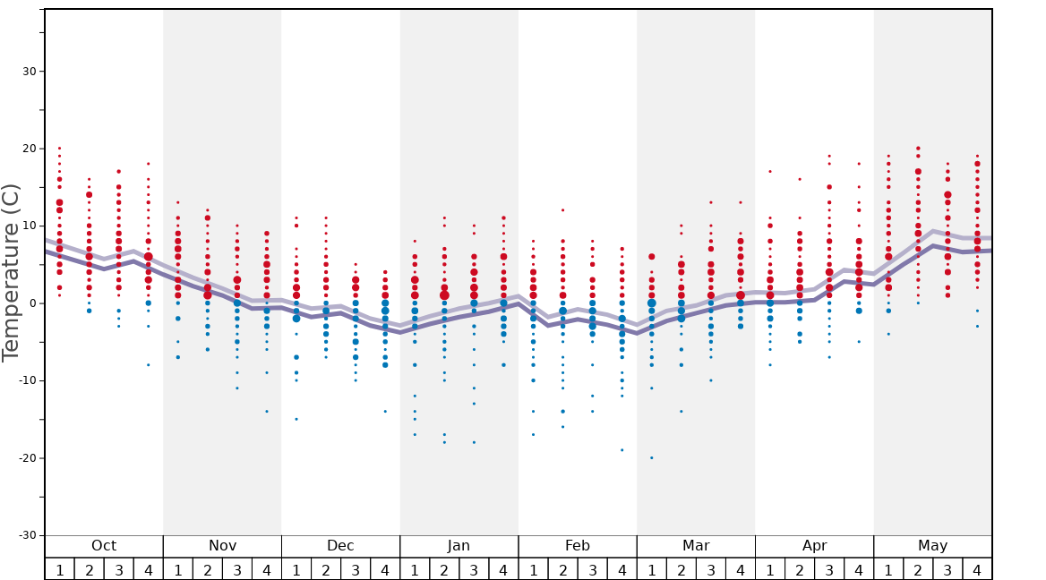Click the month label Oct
coord(104,546)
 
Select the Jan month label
coord(459,546)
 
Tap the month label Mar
coord(696,546)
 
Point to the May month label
coord(932,546)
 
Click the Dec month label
coord(340,546)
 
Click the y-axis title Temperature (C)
coord(12,272)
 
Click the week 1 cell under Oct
coord(59,569)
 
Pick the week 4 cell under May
coord(977,569)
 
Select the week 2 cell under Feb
coord(562,569)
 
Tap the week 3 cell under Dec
coord(356,569)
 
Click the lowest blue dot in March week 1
coord(651,457)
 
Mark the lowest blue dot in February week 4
coord(622,449)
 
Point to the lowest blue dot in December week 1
coord(296,419)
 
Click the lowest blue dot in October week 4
coord(149,364)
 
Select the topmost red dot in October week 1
coord(59,148)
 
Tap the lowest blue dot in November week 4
coord(267,411)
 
